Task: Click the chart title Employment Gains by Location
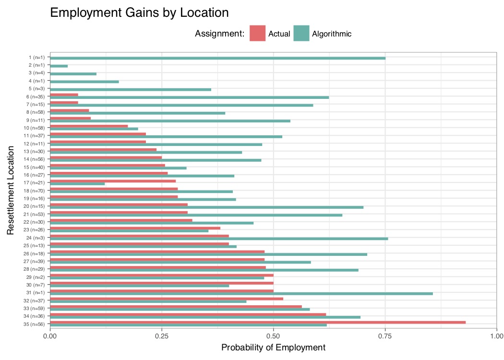[139, 13]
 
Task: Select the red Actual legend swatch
[257, 34]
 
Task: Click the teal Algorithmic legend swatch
[301, 34]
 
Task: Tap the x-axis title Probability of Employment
[273, 347]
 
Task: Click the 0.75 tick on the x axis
[385, 336]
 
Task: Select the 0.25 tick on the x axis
[162, 336]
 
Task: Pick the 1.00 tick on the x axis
[496, 336]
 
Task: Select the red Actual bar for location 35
[258, 322]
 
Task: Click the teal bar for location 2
[59, 66]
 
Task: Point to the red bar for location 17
[113, 180]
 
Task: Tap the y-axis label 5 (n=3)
[37, 89]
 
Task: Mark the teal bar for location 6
[189, 97]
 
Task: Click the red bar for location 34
[188, 314]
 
